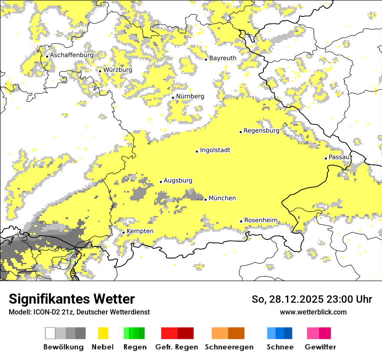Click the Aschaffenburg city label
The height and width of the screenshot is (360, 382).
point(72,55)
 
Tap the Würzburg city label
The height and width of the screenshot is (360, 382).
point(118,70)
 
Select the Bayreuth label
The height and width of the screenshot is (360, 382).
point(223,58)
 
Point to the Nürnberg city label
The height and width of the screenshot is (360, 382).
point(190,96)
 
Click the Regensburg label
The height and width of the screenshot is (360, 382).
point(261,131)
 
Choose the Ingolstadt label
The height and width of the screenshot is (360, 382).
point(215,150)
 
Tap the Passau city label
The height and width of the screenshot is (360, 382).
point(339,157)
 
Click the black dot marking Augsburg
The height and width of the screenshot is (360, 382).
point(161,182)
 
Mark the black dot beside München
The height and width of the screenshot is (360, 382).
point(205,200)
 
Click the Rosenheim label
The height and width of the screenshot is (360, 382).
point(260,220)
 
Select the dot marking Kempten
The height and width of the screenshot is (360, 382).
point(123,232)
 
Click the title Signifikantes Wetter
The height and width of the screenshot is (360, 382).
point(72,299)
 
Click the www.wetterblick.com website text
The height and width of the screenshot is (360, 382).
point(313,312)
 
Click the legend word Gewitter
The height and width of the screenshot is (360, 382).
point(320,347)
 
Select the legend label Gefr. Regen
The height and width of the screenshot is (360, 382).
point(176,347)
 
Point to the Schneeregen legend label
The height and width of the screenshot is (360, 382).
point(229,347)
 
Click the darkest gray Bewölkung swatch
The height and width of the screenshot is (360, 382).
point(80,333)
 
